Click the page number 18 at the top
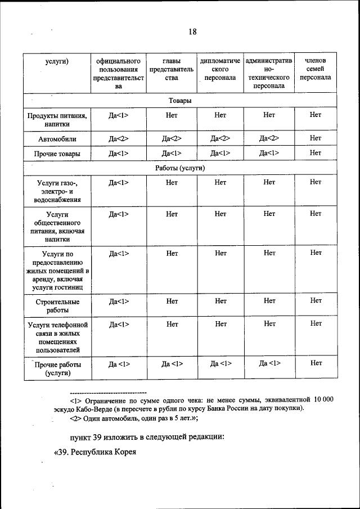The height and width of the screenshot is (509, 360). (192, 32)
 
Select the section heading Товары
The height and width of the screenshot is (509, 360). (180, 101)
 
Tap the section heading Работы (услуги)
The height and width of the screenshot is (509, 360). (180, 168)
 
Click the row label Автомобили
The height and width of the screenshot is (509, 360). (57, 138)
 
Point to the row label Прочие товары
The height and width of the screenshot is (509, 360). (57, 154)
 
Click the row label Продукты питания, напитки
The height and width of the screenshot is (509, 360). (57, 120)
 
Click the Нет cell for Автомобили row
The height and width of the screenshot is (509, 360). (315, 138)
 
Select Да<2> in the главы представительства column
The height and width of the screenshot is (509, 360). (172, 138)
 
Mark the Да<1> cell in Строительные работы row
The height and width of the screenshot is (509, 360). (119, 301)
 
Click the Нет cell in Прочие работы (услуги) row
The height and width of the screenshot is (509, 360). (315, 363)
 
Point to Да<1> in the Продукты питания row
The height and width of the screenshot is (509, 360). (119, 115)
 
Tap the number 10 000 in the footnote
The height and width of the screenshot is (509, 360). (323, 399)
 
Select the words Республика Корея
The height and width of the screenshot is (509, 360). (104, 452)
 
